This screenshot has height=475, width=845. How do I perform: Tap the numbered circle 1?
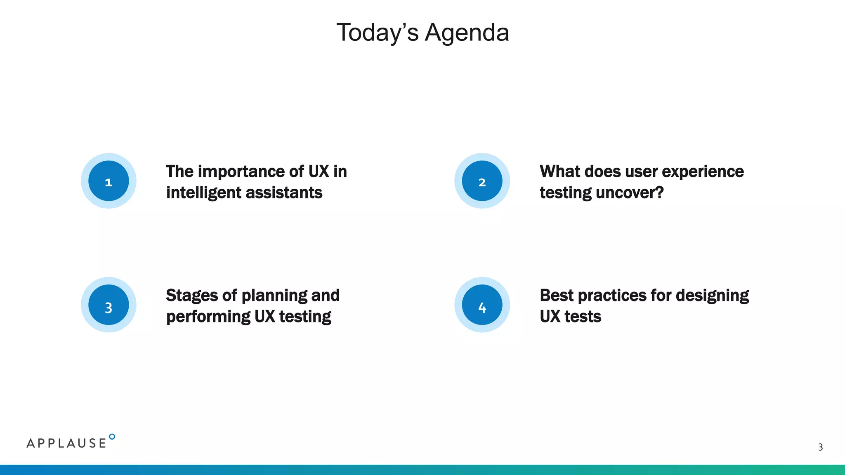point(109,181)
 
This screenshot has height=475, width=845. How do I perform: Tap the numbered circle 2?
point(482,181)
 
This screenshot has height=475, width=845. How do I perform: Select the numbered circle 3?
point(109,305)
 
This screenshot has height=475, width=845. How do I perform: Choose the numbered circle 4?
point(482,305)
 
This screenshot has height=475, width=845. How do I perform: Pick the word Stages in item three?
point(191,296)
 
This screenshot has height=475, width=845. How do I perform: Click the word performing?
point(208,317)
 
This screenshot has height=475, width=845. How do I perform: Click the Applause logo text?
point(66,443)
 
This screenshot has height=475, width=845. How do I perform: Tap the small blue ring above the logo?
point(112,437)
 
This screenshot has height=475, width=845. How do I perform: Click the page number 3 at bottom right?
point(820,447)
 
